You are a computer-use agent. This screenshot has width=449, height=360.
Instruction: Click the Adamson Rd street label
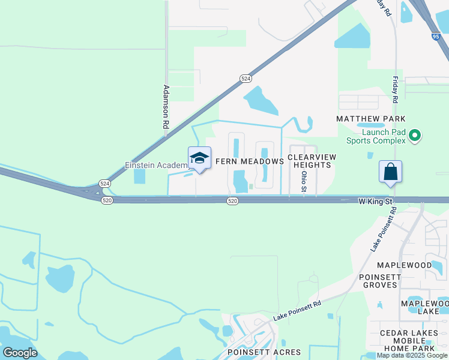point(166,107)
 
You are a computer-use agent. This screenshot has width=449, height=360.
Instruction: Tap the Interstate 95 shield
point(435,37)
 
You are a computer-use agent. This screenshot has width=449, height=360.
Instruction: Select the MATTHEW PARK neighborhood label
point(371,119)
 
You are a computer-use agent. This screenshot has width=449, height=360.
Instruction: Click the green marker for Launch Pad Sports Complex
point(414,136)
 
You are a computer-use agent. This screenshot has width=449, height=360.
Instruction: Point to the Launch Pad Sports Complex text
point(376,136)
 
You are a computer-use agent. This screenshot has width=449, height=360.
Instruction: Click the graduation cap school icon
point(199,158)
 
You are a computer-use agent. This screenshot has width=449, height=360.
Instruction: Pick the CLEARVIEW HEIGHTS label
point(312,161)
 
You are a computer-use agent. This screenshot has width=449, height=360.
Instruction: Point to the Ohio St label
point(304,181)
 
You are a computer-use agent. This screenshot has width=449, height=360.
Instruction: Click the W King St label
point(375,202)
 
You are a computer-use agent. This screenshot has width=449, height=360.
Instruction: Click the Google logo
point(20,352)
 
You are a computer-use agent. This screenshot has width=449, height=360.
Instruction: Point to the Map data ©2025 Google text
point(412,356)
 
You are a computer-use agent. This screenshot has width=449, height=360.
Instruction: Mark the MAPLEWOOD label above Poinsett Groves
point(404,265)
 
